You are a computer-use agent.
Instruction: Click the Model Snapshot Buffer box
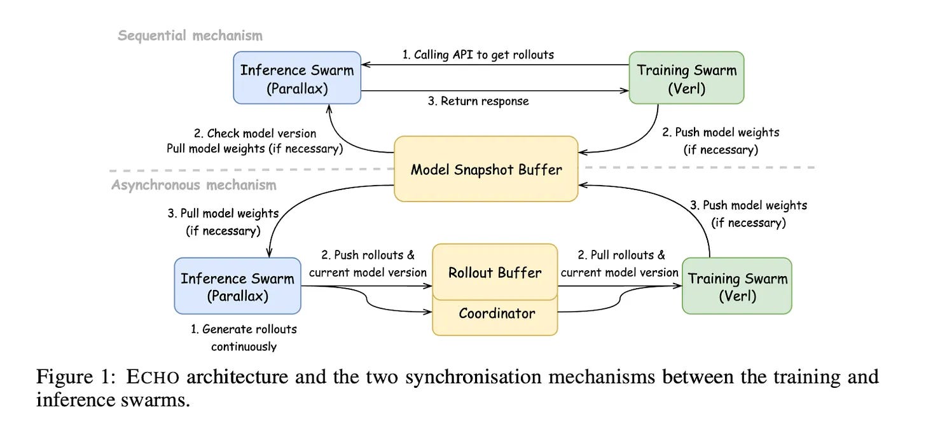(x=486, y=169)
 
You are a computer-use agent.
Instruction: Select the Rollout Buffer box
(x=495, y=272)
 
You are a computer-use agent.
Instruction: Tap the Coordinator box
(x=495, y=315)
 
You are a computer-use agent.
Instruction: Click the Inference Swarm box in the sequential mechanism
(x=297, y=78)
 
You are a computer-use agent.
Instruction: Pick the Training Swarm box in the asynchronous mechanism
(x=737, y=286)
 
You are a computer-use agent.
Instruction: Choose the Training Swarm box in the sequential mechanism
(x=687, y=78)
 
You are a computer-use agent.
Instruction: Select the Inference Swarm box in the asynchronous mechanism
(x=238, y=286)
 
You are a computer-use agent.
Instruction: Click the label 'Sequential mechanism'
(x=190, y=36)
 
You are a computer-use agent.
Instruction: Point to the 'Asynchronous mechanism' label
(x=194, y=184)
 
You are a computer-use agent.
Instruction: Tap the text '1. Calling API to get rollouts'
(x=478, y=55)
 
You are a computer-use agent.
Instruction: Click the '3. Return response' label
(x=478, y=101)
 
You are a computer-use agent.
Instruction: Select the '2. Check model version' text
(x=255, y=134)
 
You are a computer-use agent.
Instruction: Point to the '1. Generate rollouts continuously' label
(x=244, y=338)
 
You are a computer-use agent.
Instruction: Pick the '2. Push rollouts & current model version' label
(x=368, y=264)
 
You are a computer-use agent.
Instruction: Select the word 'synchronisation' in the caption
(x=473, y=377)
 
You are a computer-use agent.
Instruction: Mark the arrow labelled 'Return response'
(x=495, y=90)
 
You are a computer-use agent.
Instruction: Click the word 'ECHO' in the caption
(x=153, y=377)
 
